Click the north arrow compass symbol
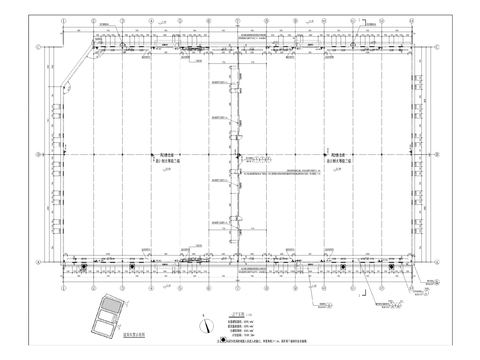point(205,296)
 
